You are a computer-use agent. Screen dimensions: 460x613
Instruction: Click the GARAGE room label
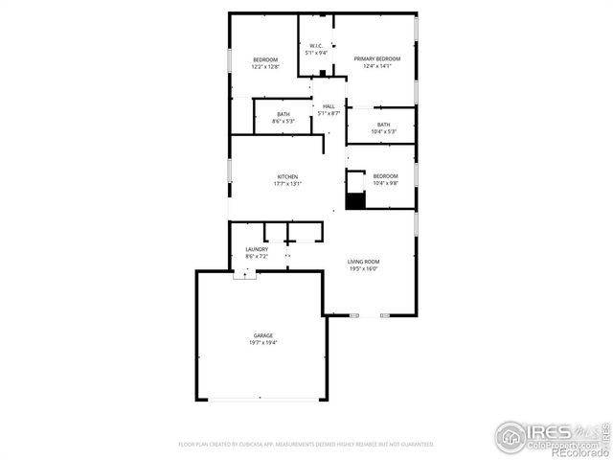(x=263, y=335)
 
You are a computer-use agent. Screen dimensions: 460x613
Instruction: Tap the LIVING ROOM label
(x=363, y=262)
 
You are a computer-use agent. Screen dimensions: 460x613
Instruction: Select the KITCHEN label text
(x=287, y=176)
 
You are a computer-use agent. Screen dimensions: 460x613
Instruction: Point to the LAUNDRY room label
(x=257, y=249)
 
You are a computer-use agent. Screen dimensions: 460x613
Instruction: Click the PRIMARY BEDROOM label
(x=377, y=59)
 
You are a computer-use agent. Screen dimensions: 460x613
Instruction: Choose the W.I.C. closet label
(x=316, y=46)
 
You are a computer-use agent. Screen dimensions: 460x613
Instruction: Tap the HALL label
(x=329, y=106)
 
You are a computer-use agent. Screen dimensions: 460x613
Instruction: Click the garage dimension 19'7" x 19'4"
(x=263, y=342)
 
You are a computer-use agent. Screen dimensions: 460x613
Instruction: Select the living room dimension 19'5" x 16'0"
(x=363, y=268)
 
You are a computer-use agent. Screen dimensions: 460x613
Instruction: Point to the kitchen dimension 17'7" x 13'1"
(x=287, y=184)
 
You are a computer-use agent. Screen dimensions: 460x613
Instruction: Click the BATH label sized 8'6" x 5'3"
(x=284, y=114)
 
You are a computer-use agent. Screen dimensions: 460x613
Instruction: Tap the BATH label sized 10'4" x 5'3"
(x=383, y=125)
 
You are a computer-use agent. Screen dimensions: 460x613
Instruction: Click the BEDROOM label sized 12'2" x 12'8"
(x=265, y=59)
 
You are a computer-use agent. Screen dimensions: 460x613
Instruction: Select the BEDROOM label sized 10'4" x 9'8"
(x=385, y=176)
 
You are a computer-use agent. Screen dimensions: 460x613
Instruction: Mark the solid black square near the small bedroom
(x=355, y=200)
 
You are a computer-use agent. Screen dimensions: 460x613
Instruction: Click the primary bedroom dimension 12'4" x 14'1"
(x=377, y=66)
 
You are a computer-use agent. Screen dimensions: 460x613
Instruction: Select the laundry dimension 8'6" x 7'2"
(x=257, y=256)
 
